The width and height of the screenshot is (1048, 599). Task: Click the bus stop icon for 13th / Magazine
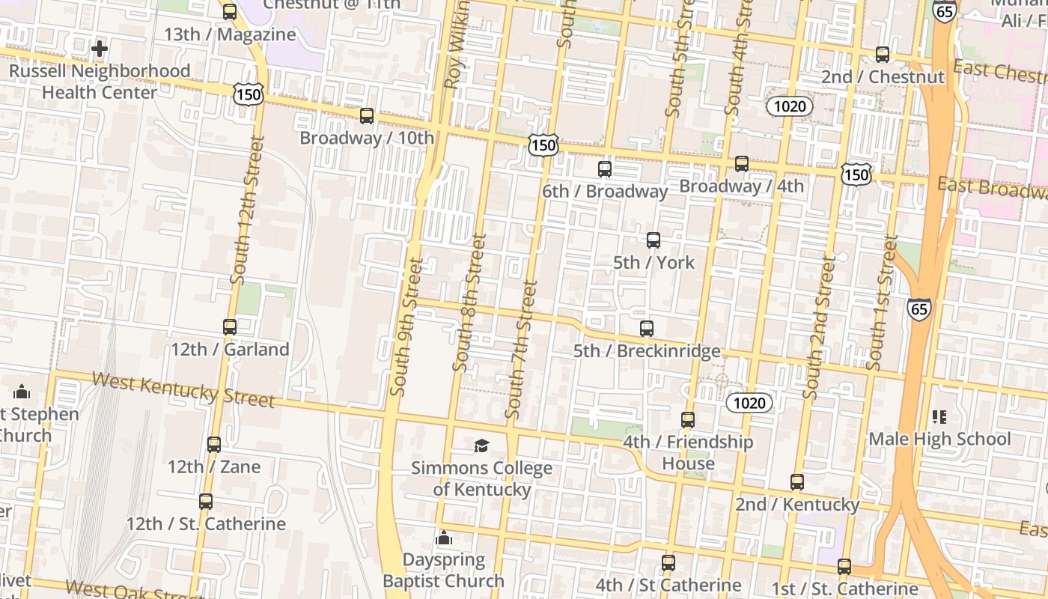coord(230,12)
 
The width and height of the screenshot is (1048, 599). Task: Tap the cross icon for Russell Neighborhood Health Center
coord(99,49)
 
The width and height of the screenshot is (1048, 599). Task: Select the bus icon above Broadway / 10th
coord(367,116)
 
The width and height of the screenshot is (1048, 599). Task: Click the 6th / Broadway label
coord(604,192)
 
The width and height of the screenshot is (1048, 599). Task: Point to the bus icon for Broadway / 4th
coord(742,164)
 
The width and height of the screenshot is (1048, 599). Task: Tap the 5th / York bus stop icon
coord(654,240)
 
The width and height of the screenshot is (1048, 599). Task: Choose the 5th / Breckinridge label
coord(647,351)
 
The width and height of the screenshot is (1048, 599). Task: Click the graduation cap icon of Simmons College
coord(481,446)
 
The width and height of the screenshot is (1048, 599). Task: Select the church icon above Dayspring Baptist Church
coord(444,538)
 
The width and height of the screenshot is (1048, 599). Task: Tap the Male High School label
coord(939,439)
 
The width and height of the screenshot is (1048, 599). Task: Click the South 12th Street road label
coord(248,210)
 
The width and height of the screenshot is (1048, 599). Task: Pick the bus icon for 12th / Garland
coord(230,327)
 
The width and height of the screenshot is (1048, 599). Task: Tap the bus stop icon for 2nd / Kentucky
coord(797,482)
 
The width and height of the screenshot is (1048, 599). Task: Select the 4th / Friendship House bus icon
coord(688,420)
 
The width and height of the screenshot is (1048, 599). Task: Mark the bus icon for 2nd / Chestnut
coord(883,55)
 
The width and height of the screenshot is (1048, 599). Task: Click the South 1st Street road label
coord(882,302)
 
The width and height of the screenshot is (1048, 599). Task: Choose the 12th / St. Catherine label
coord(206,523)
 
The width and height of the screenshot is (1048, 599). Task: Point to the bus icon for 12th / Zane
coord(214,445)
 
